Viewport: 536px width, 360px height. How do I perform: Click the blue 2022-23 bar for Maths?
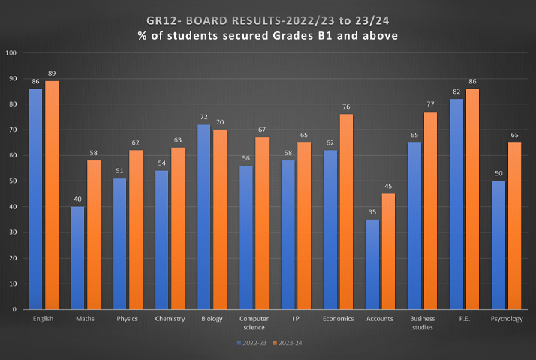pos(78,257)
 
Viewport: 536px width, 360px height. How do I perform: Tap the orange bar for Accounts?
pos(387,251)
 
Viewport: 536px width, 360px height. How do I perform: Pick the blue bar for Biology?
pos(204,217)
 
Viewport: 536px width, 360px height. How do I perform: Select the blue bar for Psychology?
pos(498,244)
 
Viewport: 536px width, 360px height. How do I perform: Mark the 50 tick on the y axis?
pos(11,181)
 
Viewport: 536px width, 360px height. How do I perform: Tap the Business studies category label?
pos(422,322)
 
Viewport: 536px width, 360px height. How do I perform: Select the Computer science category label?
pos(253,322)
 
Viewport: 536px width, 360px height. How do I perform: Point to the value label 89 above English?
pos(52,73)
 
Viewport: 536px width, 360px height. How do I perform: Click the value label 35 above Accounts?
pos(373,212)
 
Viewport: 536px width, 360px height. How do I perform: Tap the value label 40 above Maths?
pos(78,199)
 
